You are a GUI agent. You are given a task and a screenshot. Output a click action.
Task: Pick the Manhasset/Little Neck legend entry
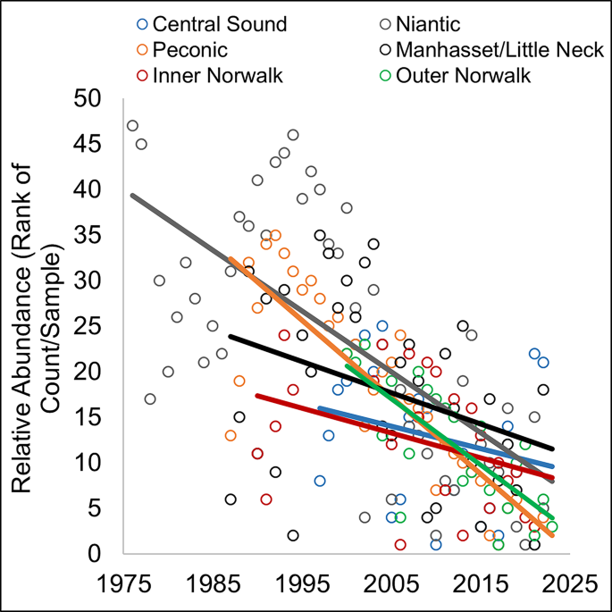click(500, 48)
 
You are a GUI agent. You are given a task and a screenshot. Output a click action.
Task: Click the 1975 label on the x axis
click(123, 584)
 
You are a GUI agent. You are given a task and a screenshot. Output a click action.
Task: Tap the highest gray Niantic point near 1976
click(132, 126)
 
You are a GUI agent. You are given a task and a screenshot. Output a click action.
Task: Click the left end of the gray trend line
click(132, 196)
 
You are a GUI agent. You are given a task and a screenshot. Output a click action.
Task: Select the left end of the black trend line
click(231, 337)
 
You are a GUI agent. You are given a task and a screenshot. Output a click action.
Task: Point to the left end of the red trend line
click(257, 395)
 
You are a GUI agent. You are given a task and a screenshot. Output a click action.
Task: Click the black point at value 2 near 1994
click(293, 536)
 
